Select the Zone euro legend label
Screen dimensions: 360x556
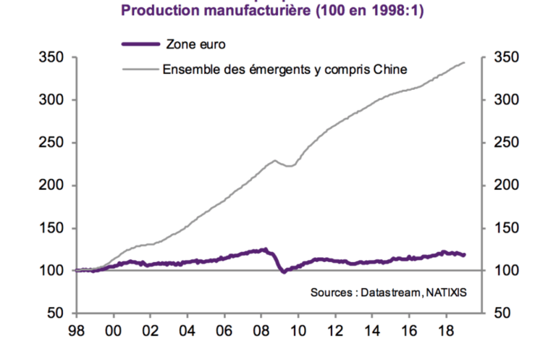[x=194, y=44]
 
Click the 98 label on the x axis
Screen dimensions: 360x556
[x=75, y=332]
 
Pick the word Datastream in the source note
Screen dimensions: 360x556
[x=392, y=293]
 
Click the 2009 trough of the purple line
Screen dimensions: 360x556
[x=283, y=272]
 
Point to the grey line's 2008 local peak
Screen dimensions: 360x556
[x=275, y=160]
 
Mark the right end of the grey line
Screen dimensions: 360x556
[x=464, y=62]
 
